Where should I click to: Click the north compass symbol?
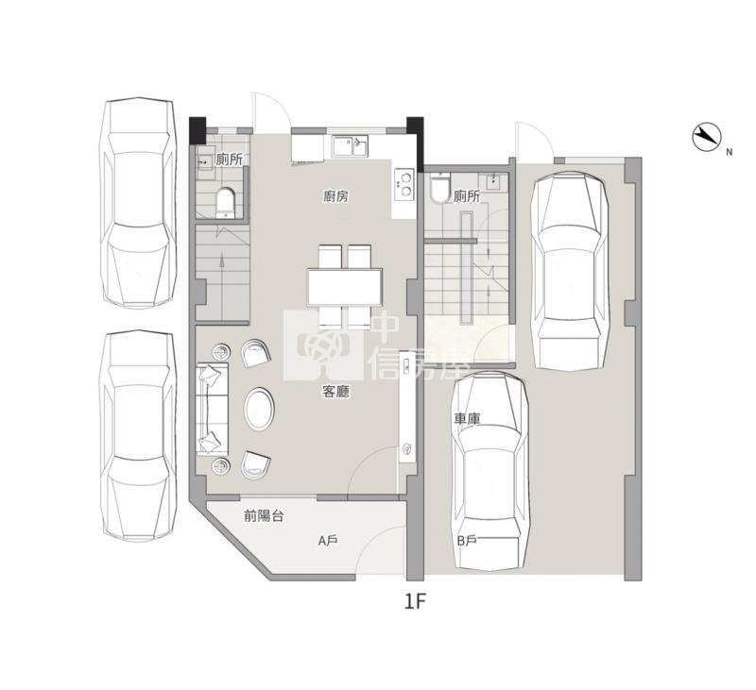706,137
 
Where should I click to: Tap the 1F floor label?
416,601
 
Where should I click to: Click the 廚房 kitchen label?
336,196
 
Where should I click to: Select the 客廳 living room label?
335,392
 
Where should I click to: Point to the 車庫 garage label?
467,419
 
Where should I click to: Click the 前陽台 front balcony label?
264,516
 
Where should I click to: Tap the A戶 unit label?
328,541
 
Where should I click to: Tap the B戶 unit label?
467,541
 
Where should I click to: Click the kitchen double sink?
351,146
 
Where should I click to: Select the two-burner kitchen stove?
404,184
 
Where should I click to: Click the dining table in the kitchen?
345,287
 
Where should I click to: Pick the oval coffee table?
259,410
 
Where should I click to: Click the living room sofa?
212,410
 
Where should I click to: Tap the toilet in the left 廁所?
225,203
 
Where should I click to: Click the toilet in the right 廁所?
439,189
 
